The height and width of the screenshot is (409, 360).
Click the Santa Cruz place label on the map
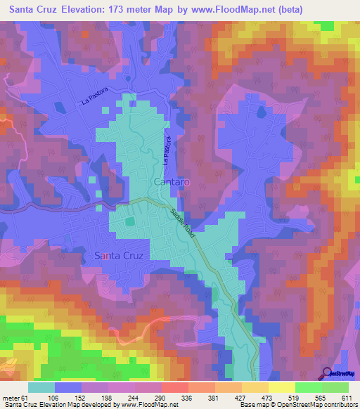[x=118, y=256]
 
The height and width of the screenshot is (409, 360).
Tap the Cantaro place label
[x=170, y=182]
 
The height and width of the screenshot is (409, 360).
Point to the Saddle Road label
[x=180, y=223]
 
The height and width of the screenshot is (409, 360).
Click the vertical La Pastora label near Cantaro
[x=167, y=150]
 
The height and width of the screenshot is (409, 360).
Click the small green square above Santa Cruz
[x=130, y=222]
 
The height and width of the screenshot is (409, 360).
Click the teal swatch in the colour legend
[x=41, y=387]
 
